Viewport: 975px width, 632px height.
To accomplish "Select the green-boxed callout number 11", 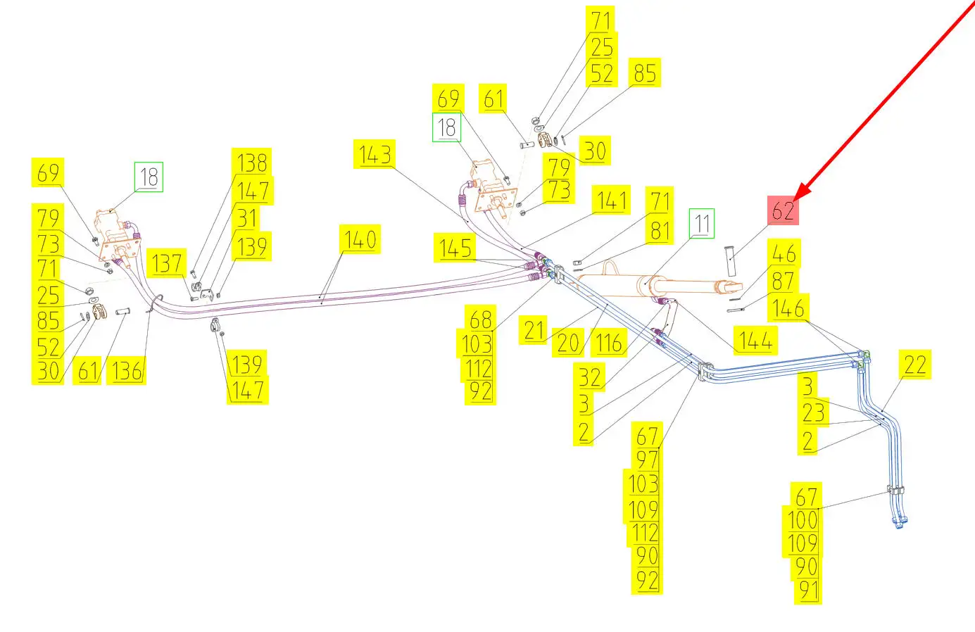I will click(702, 224).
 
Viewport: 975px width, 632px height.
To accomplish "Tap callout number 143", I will click(375, 154).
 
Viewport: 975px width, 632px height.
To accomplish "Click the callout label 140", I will click(360, 240).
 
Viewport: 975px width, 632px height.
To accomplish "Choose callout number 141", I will click(612, 201).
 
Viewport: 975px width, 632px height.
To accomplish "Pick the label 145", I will click(455, 248).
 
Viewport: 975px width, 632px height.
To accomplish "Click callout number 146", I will click(788, 308).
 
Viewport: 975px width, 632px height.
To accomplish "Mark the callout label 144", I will click(755, 341).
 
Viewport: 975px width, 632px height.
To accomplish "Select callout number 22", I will click(914, 365).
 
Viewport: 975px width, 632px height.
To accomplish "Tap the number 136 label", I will click(127, 371).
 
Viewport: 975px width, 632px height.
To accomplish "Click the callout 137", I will click(167, 264).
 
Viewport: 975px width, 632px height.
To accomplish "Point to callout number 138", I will click(252, 163).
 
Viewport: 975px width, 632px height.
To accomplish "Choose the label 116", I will click(609, 343).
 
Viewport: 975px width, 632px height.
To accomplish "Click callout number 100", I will click(803, 521).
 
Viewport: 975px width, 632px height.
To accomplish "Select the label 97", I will click(647, 460).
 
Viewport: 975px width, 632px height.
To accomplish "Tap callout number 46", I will click(784, 253).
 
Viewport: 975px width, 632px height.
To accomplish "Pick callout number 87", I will click(783, 281).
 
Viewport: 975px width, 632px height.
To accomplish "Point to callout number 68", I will click(480, 320).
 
